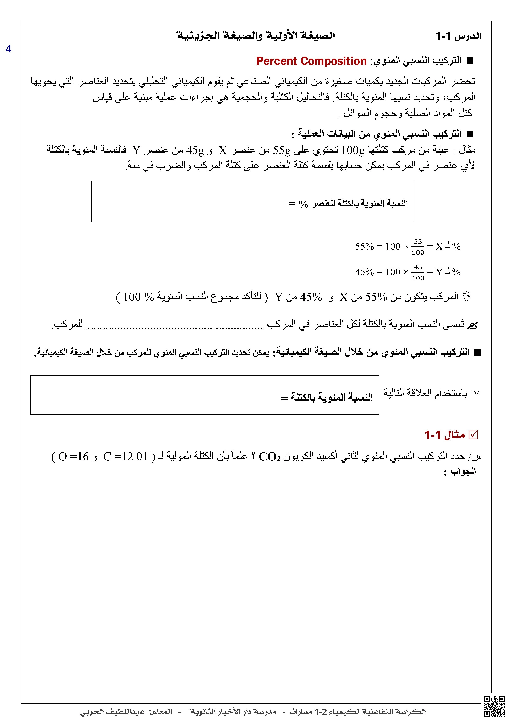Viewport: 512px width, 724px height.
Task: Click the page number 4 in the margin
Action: pyautogui.click(x=8, y=49)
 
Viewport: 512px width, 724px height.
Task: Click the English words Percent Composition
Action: pyautogui.click(x=311, y=61)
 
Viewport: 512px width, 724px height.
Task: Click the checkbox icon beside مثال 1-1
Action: pyautogui.click(x=473, y=435)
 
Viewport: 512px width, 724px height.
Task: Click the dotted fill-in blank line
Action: pyautogui.click(x=174, y=327)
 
